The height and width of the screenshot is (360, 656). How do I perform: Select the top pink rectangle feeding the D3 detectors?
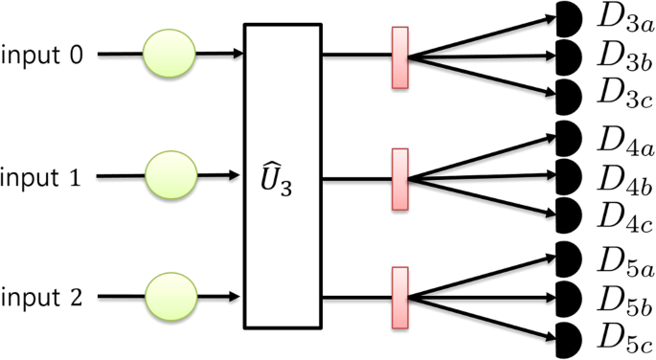pos(400,57)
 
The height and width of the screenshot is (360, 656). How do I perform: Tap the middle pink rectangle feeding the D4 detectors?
pos(400,179)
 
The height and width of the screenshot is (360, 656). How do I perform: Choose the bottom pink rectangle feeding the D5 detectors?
pos(400,299)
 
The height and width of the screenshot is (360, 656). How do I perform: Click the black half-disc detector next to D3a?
pos(568,18)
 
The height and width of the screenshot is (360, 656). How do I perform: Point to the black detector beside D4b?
pos(568,175)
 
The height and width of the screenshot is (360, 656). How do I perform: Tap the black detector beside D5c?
pos(568,338)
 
